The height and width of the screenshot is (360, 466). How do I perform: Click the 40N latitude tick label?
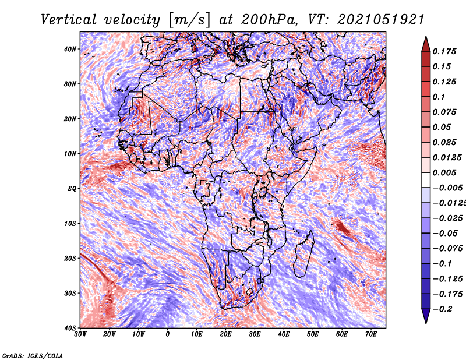(x=70, y=49)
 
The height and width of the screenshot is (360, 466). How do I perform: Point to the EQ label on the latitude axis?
(x=72, y=189)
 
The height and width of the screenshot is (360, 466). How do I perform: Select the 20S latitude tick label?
(x=70, y=258)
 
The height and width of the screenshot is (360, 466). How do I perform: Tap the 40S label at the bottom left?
(x=70, y=328)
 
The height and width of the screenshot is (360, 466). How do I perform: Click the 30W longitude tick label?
(x=80, y=334)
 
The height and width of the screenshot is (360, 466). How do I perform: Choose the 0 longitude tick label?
(x=168, y=334)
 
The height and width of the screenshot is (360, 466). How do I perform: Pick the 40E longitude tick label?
(x=284, y=334)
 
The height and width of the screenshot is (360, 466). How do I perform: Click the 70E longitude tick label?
(x=371, y=334)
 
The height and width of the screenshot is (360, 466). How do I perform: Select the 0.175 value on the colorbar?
(x=444, y=51)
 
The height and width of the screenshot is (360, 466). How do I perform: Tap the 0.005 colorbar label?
(x=444, y=172)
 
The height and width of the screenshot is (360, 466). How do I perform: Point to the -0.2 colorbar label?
(x=442, y=309)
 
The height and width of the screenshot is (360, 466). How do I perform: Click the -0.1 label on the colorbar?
(x=442, y=264)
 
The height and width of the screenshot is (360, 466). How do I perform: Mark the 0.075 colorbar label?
(x=444, y=112)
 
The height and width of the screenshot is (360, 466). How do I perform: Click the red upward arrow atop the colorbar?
(x=426, y=44)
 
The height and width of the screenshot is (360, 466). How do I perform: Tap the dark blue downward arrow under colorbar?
(x=426, y=316)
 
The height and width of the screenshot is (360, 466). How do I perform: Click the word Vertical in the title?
(x=68, y=20)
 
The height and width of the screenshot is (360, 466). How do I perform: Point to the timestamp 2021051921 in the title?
(x=380, y=20)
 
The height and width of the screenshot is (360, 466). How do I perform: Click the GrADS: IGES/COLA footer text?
(x=33, y=356)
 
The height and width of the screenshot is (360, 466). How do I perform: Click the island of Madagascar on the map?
(x=303, y=253)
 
